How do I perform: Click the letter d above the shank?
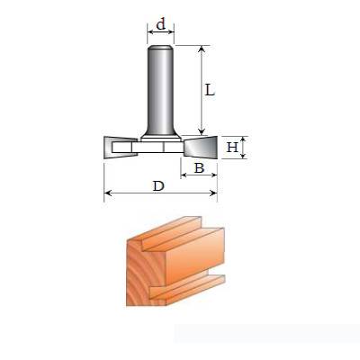click(x=161, y=24)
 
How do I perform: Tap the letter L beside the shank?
click(x=210, y=90)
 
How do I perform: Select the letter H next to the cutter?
click(x=232, y=148)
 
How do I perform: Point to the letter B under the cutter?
click(x=199, y=168)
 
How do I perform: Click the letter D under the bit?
click(x=158, y=186)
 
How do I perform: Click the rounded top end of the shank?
click(x=160, y=48)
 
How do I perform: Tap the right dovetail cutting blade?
click(x=201, y=147)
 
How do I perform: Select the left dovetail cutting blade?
click(x=121, y=148)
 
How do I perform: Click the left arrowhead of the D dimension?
click(x=107, y=193)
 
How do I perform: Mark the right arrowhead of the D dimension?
click(x=214, y=193)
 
